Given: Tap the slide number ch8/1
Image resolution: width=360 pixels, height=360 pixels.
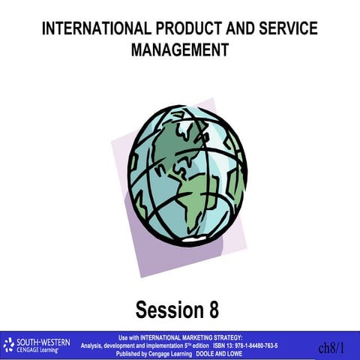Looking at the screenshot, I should pyautogui.click(x=331, y=348).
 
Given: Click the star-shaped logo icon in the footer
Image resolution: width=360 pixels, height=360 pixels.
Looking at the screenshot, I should pyautogui.click(x=9, y=345).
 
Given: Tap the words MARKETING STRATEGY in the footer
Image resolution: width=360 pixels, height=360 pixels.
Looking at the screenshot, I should pyautogui.click(x=209, y=337).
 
